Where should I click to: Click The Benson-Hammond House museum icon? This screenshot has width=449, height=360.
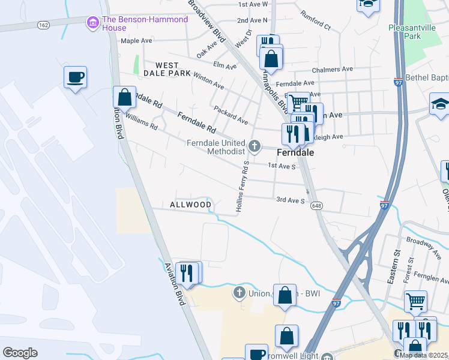pyautogui.click(x=93, y=23)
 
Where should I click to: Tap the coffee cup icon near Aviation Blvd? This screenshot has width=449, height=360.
pyautogui.click(x=76, y=77)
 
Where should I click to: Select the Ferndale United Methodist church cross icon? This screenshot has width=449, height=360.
pyautogui.click(x=255, y=145)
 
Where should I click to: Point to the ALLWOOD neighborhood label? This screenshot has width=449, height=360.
pyautogui.click(x=191, y=205)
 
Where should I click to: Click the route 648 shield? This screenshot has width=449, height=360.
pyautogui.click(x=317, y=206)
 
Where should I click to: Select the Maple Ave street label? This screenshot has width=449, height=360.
pyautogui.click(x=137, y=41)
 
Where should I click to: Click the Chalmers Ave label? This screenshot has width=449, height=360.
pyautogui.click(x=332, y=70)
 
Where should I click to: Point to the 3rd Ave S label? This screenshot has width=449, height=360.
pyautogui.click(x=289, y=200)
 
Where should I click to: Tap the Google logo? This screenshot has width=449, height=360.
pyautogui.click(x=20, y=353)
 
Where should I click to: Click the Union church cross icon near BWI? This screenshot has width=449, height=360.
pyautogui.click(x=239, y=292)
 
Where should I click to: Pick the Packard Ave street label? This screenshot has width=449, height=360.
pyautogui.click(x=231, y=116)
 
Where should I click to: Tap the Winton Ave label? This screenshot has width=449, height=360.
pyautogui.click(x=208, y=82)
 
